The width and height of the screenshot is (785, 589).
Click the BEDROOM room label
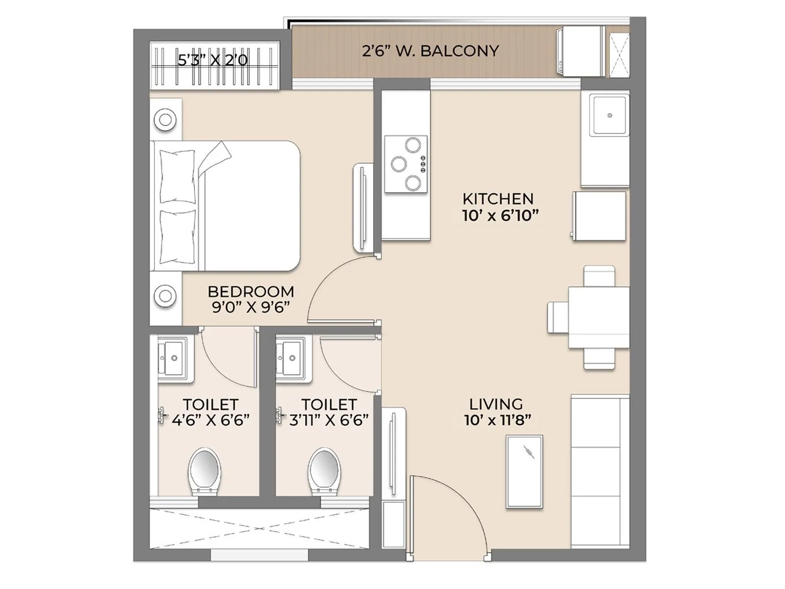(251, 292)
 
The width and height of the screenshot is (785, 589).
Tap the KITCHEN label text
(498, 199)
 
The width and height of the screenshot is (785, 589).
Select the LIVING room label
(496, 404)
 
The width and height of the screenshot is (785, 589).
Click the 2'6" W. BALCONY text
(430, 51)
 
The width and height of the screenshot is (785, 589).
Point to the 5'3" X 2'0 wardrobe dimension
(213, 60)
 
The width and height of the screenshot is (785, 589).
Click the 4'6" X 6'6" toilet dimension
(210, 420)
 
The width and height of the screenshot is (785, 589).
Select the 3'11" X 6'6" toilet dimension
(329, 420)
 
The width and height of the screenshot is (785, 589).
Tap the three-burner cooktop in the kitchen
(406, 164)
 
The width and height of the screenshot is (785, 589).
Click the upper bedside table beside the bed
(165, 119)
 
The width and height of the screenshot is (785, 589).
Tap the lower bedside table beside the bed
(165, 296)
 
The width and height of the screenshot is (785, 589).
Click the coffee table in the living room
(524, 471)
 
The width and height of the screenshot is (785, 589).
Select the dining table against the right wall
(599, 318)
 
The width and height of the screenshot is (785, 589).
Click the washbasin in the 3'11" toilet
(293, 359)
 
